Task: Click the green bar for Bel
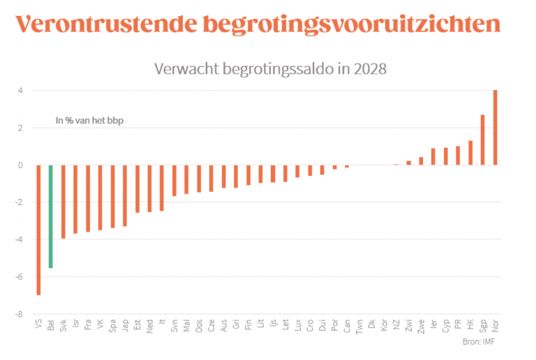tap(51, 216)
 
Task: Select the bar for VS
tap(38, 230)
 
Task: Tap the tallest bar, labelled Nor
tap(496, 128)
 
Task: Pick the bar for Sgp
tap(483, 140)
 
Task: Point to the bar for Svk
tap(64, 202)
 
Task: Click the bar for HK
tap(470, 153)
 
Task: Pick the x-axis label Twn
tap(359, 325)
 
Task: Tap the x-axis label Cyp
tap(446, 325)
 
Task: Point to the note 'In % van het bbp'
tap(84, 121)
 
